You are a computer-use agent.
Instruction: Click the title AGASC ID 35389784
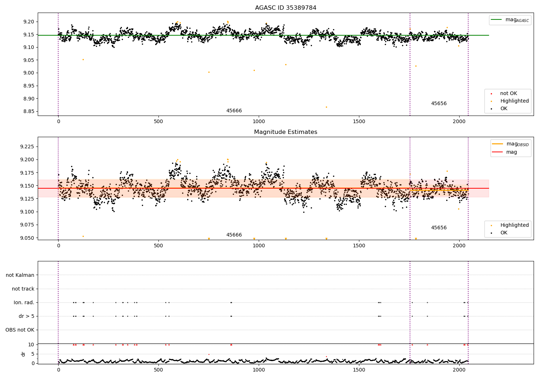coord(286,8)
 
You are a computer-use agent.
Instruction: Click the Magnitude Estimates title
coord(286,132)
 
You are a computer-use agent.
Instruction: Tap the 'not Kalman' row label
coord(20,275)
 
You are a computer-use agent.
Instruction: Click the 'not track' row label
coord(23,289)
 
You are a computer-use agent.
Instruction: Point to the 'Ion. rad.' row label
coord(24,302)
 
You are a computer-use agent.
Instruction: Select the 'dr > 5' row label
coord(27,316)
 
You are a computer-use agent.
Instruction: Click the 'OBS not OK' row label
coord(20,330)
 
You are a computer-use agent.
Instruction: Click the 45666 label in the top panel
coord(234,111)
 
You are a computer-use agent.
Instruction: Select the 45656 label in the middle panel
coord(439,228)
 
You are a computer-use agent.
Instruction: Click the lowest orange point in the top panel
coord(326,107)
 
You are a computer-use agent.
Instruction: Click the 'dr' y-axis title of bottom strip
coord(23,354)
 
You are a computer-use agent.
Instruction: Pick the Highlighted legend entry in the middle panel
coord(514,225)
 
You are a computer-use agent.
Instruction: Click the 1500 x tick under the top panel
coord(359,121)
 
